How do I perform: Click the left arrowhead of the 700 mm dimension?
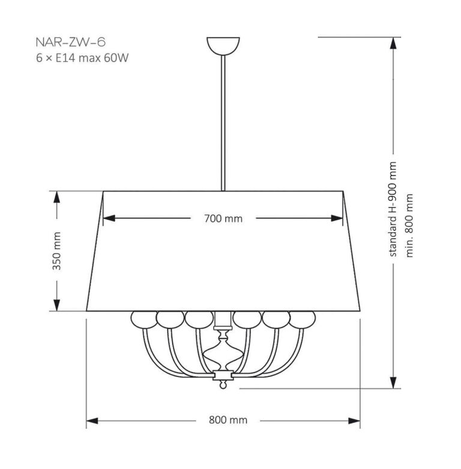tap(109, 219)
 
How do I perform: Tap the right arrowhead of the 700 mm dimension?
tap(339, 219)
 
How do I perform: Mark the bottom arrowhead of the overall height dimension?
tap(394, 383)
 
